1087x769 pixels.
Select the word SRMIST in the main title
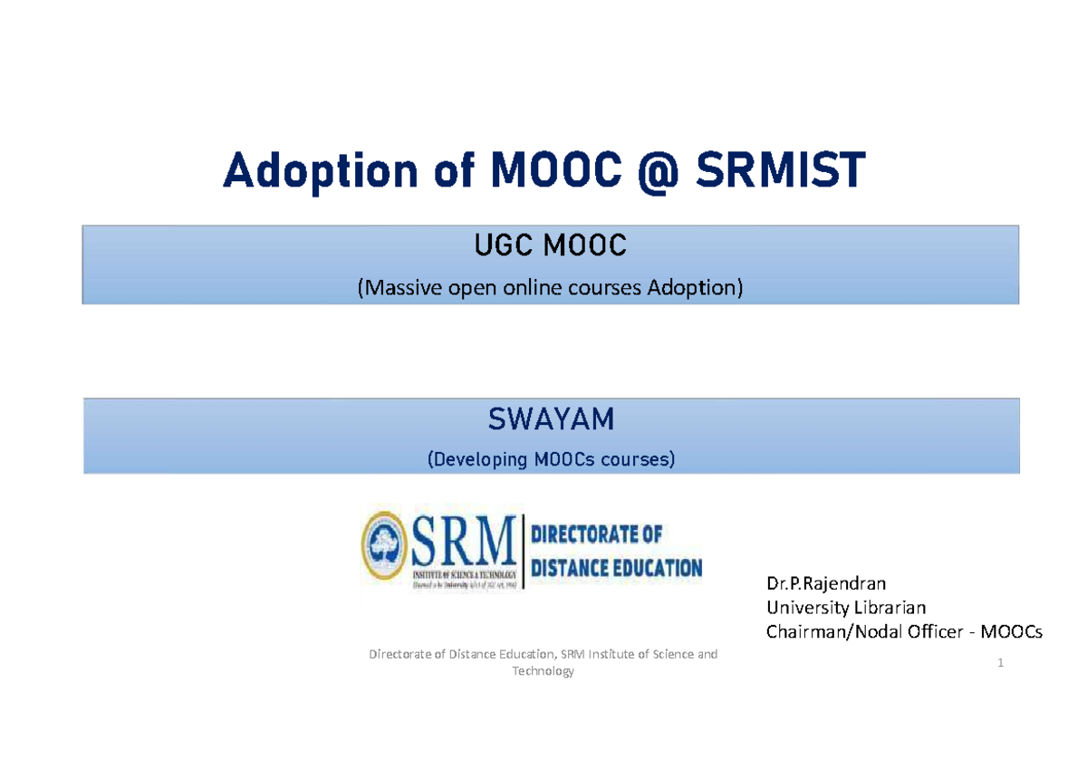click(778, 171)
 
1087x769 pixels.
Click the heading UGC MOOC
click(550, 245)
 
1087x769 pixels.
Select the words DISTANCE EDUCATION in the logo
click(616, 569)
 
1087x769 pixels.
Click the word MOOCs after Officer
click(1012, 632)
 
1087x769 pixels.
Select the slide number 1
click(1001, 663)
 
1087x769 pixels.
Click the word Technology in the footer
click(543, 671)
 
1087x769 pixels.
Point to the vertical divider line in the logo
click(524, 551)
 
